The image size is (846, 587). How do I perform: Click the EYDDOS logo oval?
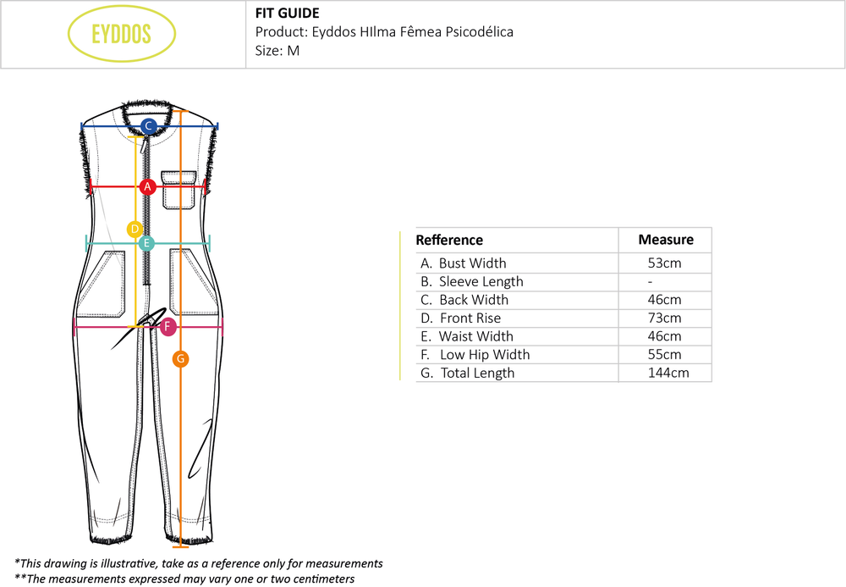click(121, 34)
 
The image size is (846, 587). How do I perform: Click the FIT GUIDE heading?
click(287, 14)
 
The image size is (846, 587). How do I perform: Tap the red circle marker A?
click(147, 186)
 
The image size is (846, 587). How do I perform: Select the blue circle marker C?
click(148, 127)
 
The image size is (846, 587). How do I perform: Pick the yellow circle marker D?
click(135, 229)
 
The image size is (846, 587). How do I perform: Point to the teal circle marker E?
click(146, 244)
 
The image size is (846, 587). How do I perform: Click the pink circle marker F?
click(168, 327)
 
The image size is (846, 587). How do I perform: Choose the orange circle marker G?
click(179, 359)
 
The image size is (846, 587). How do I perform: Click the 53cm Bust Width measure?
click(664, 263)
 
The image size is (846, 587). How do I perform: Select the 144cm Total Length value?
click(667, 373)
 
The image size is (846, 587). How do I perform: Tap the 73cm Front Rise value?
click(664, 318)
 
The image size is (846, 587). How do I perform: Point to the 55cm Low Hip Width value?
click(664, 355)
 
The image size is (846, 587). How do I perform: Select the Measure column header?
click(666, 240)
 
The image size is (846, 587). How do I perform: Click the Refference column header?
click(449, 241)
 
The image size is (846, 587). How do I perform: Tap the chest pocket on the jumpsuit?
click(179, 190)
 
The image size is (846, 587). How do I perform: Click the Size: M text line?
click(277, 50)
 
